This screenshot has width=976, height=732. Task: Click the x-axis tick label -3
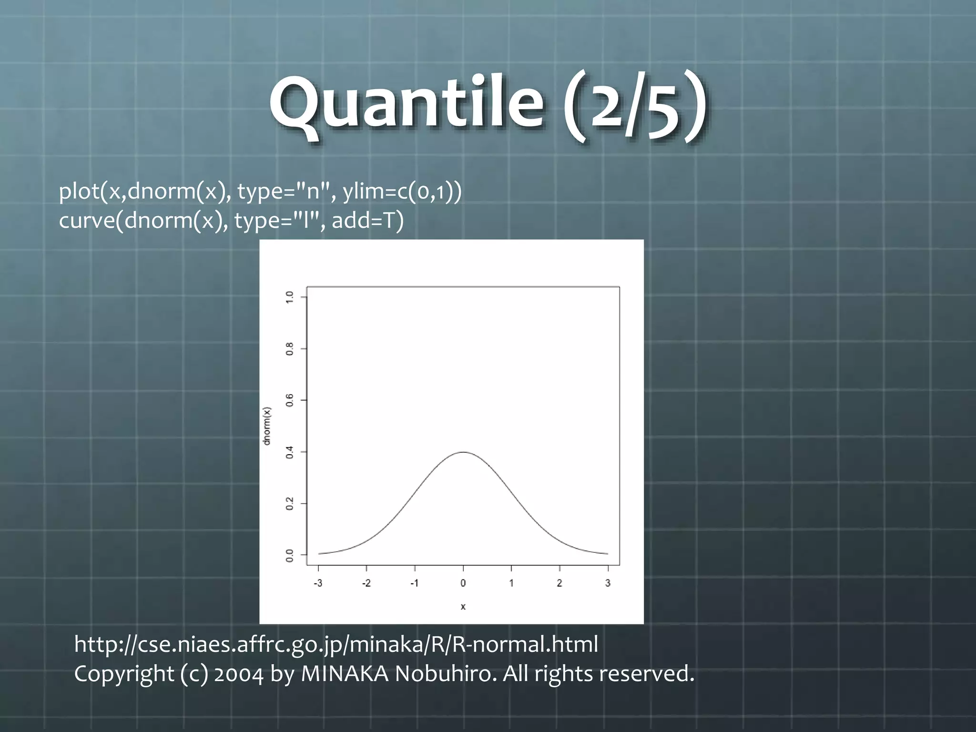point(318,583)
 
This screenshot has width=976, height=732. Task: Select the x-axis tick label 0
point(463,583)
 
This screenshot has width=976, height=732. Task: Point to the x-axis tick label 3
point(608,583)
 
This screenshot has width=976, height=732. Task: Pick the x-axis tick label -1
point(414,583)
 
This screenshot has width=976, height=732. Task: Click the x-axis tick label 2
point(559,583)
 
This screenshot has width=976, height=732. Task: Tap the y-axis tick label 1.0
point(289,297)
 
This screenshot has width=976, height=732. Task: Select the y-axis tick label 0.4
point(289,452)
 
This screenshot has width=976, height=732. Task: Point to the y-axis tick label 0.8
point(289,349)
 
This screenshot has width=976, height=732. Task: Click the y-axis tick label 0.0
point(289,555)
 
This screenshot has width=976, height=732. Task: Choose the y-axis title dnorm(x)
point(267,426)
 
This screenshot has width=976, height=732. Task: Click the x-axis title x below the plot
point(463,607)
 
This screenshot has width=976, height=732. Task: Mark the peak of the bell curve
point(463,452)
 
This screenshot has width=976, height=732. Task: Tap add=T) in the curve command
point(367,221)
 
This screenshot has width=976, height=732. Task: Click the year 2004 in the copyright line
point(239,674)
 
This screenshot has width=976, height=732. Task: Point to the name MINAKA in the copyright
point(345,674)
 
